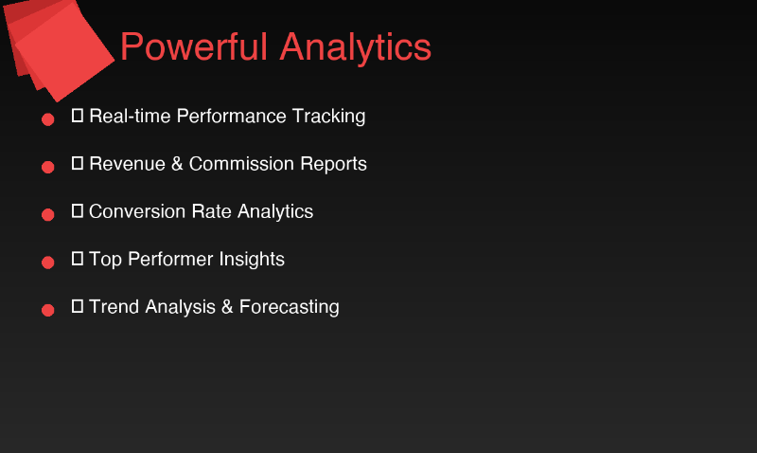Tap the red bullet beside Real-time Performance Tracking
click(x=47, y=119)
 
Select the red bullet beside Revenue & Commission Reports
click(x=47, y=167)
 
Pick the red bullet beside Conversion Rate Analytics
click(x=47, y=214)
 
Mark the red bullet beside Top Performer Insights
click(x=47, y=262)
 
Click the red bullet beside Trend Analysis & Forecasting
click(x=47, y=309)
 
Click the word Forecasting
click(x=289, y=307)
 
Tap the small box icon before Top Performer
click(x=78, y=259)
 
